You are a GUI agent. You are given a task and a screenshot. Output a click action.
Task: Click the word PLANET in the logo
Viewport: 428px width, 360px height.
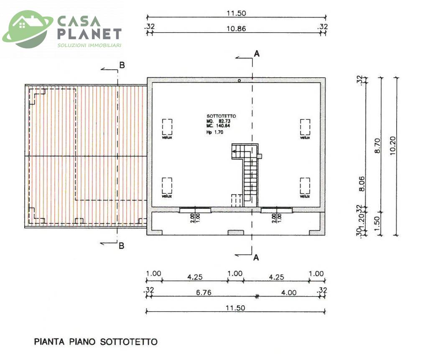pos(89,34)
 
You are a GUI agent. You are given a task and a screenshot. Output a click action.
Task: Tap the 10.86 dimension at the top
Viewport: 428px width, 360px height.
pos(236,29)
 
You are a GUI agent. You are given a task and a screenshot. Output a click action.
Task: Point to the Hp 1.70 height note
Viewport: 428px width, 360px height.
pos(214,132)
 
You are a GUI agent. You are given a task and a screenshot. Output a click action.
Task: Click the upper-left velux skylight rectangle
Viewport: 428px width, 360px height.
pos(168,126)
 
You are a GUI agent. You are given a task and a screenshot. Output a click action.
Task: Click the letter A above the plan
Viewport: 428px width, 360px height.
pos(257,53)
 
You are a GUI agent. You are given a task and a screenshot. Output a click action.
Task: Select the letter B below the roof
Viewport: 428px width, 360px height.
pos(121,246)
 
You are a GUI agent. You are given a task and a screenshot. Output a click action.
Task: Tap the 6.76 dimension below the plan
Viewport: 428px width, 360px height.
pos(203,292)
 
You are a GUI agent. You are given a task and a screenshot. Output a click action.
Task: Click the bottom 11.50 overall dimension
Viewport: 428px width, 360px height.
pos(236,307)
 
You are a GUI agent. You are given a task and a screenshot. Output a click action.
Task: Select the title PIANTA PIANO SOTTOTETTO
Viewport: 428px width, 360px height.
pos(96,342)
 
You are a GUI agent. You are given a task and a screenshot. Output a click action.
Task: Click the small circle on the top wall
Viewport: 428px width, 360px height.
pos(239,81)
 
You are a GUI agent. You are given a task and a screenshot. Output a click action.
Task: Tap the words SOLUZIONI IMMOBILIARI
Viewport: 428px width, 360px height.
pos(89,45)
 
